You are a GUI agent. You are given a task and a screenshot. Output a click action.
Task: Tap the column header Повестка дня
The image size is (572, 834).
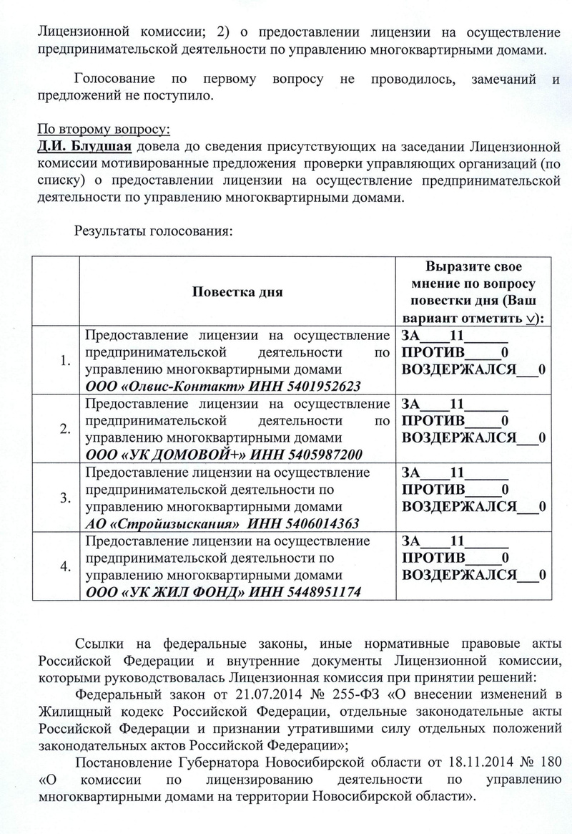237,292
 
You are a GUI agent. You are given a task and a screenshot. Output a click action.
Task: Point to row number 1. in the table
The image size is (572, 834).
66,361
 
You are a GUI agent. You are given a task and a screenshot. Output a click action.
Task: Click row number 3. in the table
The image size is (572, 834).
66,498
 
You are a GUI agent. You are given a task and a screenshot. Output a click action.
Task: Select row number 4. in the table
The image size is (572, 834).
66,566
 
